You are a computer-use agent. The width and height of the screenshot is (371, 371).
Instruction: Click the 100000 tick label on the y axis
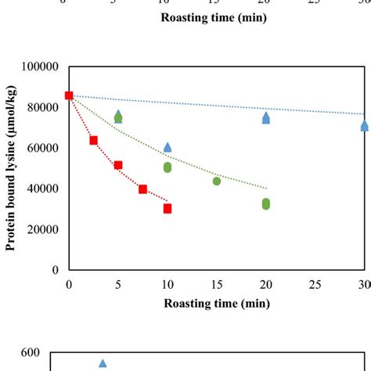pos(41,67)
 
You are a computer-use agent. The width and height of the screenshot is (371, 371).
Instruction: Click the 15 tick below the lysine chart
pos(216,283)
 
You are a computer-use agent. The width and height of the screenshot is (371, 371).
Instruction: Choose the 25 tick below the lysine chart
pos(315,283)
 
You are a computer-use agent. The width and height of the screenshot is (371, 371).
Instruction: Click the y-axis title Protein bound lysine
pos(13,168)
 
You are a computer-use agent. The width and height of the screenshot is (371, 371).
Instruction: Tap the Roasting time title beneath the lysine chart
pos(216,301)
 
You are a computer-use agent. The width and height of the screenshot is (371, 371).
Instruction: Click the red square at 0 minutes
pos(69,95)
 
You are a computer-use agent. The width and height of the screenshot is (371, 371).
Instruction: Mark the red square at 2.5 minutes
pos(94,140)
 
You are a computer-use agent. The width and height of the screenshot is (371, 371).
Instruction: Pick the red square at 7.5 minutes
pos(142,189)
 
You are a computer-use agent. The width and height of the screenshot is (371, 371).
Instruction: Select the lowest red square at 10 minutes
pos(167,208)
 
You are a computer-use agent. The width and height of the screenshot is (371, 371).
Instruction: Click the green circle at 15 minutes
pos(217,181)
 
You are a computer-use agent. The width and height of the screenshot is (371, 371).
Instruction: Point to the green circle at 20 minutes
pos(266,204)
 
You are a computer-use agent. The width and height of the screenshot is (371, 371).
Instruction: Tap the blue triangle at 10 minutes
pos(167,147)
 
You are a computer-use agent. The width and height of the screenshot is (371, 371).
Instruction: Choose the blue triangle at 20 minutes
pos(266,117)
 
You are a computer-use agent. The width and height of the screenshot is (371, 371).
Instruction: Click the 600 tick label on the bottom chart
pos(31,353)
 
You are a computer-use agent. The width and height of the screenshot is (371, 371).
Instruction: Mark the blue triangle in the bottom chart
pos(103,363)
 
